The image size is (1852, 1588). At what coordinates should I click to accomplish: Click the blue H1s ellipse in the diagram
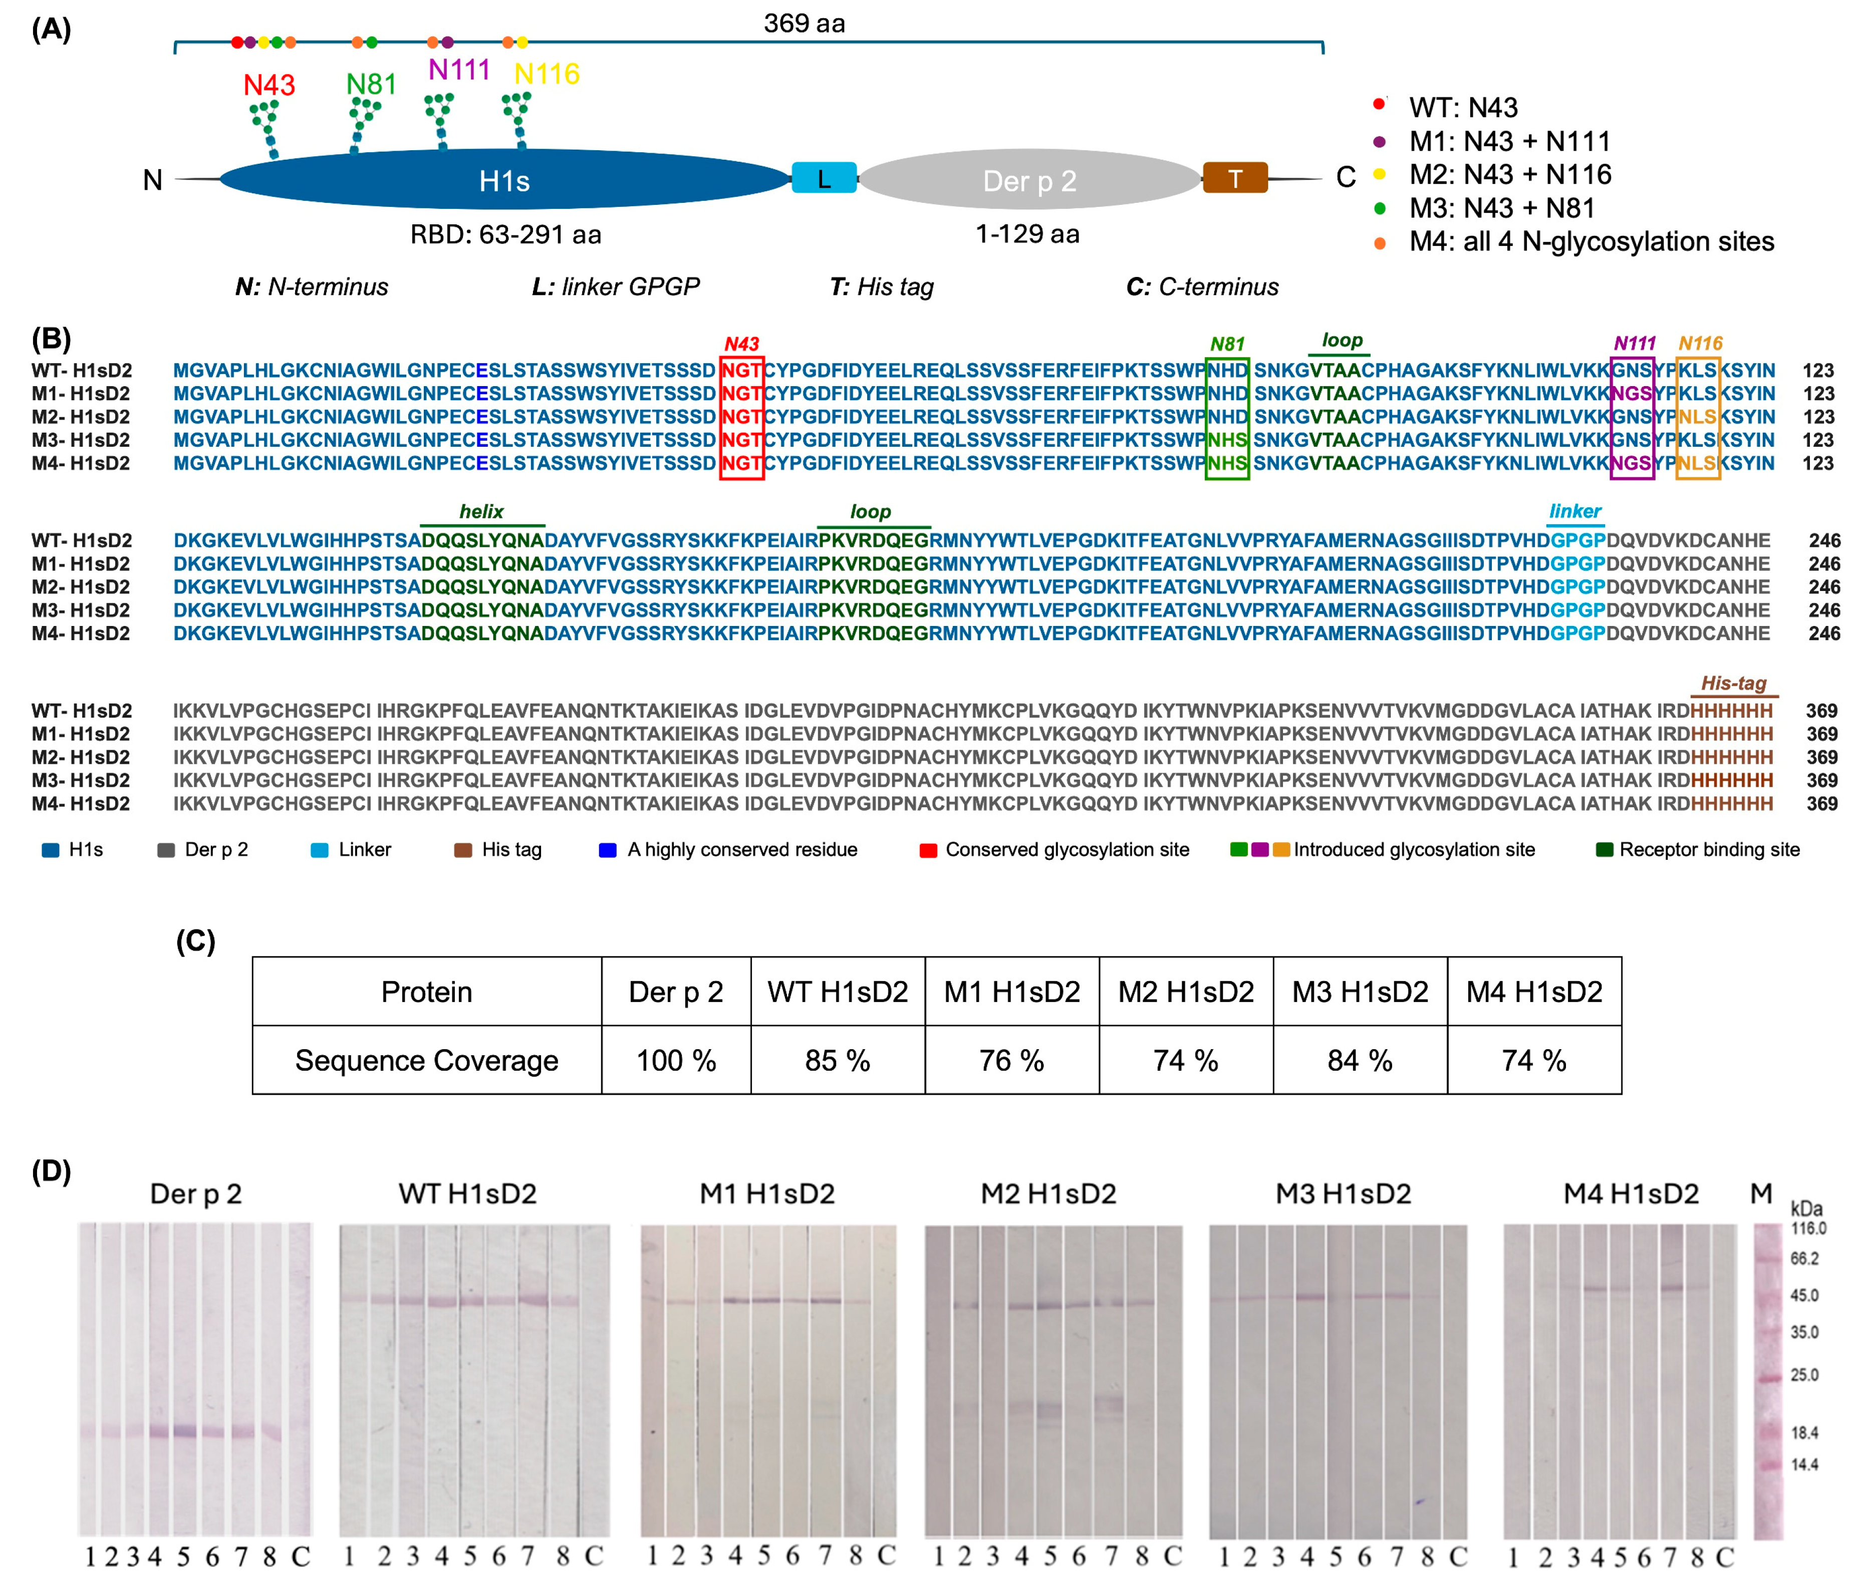pos(505,180)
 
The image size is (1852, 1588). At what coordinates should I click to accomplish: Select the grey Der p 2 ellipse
pos(1029,180)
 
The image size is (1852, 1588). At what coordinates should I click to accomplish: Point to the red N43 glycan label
pos(269,85)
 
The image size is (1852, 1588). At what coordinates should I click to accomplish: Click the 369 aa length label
pos(804,23)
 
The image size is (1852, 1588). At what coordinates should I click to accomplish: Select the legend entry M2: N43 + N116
pos(1510,174)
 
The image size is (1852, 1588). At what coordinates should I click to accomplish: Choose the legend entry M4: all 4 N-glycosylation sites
pos(1591,241)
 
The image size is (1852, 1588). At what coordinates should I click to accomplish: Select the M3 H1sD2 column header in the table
pos(1360,992)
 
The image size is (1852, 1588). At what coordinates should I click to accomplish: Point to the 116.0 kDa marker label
pos(1807,1229)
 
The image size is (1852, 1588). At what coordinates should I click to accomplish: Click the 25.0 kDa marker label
pos(1804,1375)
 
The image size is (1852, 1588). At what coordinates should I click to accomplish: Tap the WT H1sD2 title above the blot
pos(467,1194)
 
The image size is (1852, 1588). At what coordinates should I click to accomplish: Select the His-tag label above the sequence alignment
pos(1733,684)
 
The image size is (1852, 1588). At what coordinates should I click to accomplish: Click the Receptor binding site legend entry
pos(1708,850)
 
